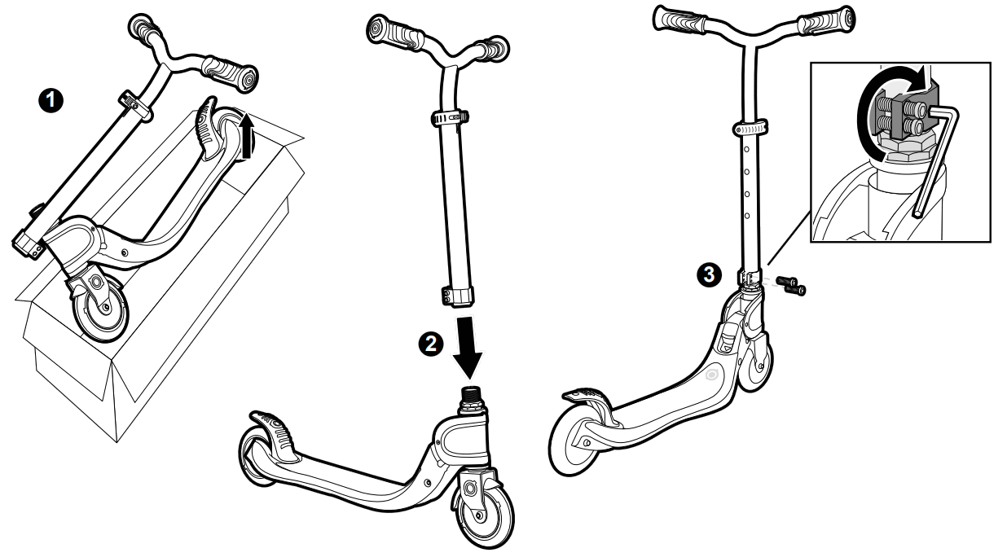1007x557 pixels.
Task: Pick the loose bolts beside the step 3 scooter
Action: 790,283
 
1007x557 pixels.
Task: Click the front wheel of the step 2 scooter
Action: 486,509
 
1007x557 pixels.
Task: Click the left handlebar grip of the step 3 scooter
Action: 688,17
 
